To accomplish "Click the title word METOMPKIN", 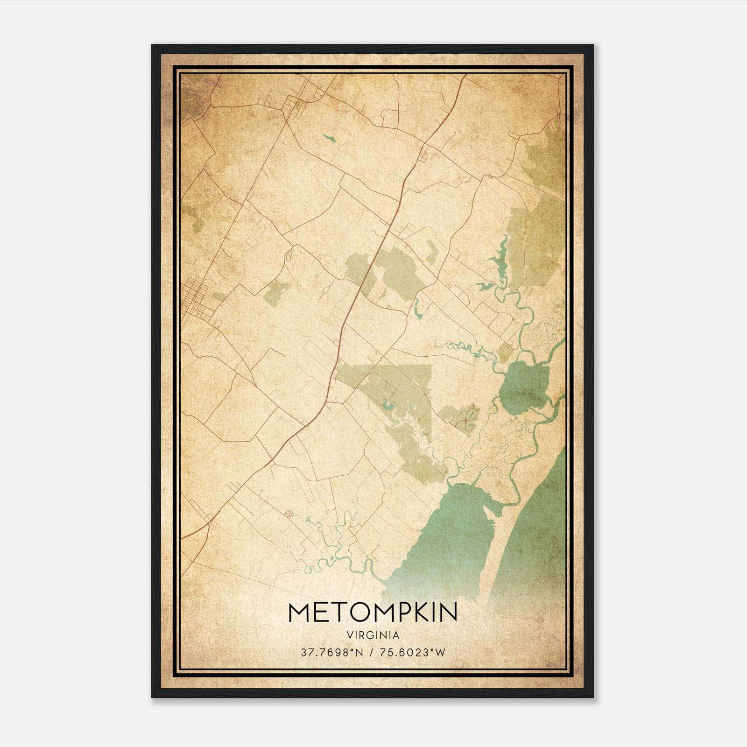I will click(373, 612).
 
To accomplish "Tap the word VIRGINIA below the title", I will click(373, 635).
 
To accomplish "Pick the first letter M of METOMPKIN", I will click(299, 612).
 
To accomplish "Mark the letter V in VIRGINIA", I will click(350, 635).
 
